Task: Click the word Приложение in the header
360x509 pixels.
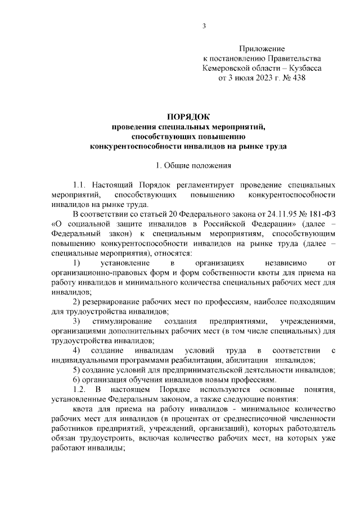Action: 262,49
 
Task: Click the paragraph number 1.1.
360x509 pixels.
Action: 80,184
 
